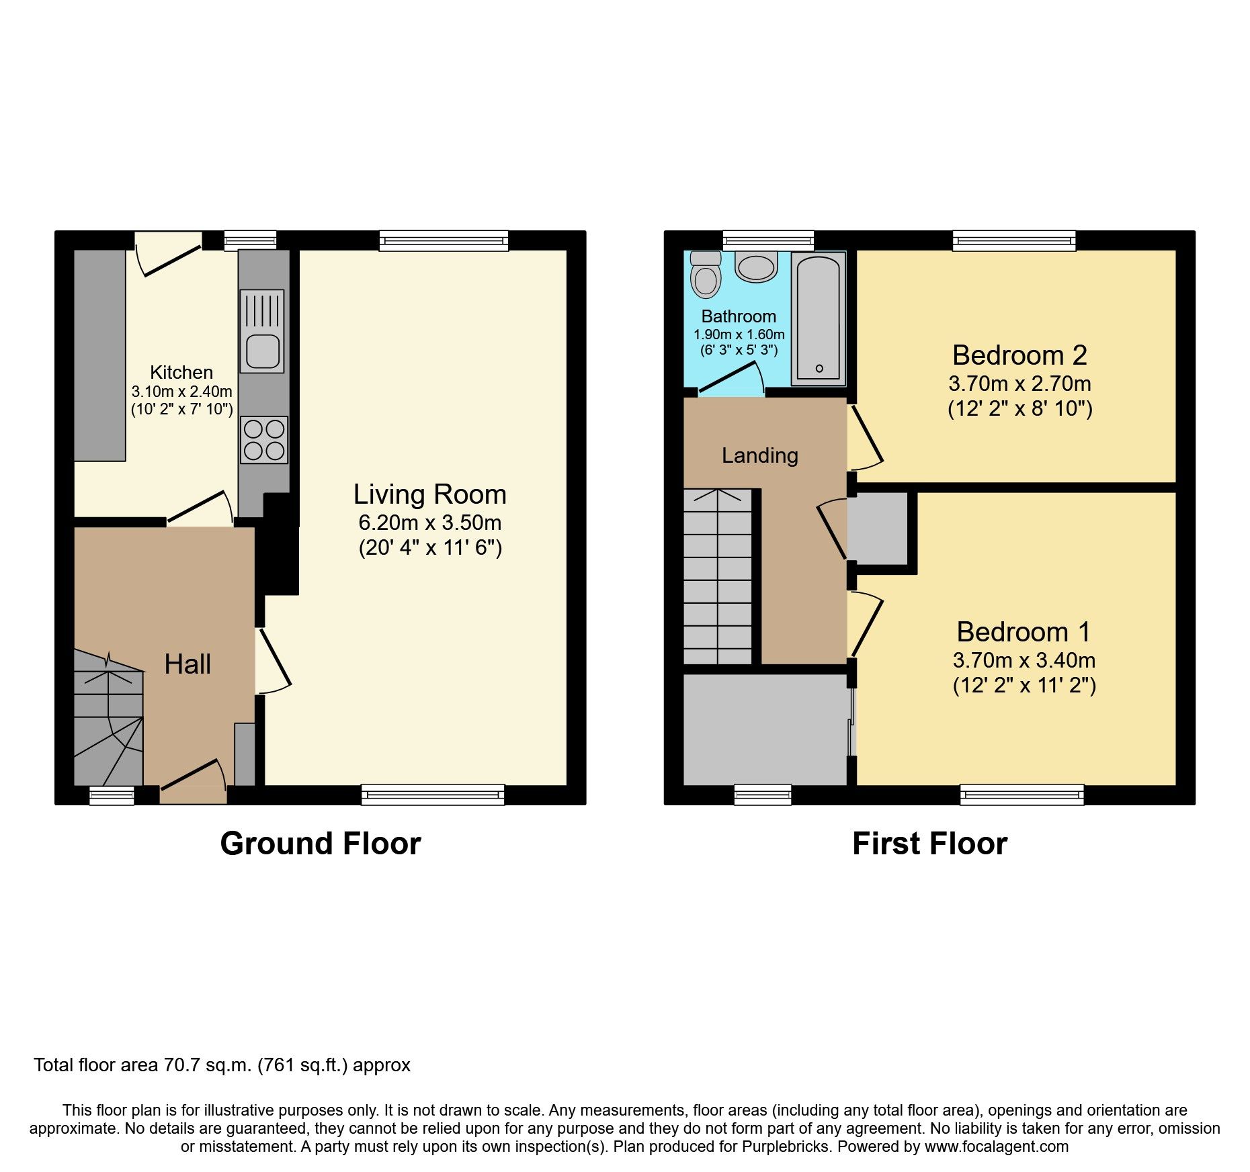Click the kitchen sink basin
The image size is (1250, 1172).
[x=262, y=351]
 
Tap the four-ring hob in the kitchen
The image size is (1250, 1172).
[x=264, y=440]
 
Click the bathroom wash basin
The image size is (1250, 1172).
[x=756, y=267]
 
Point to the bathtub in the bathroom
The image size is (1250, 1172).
[x=818, y=318]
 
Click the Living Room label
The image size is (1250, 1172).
[x=429, y=494]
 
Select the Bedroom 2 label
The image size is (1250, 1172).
[x=1019, y=355]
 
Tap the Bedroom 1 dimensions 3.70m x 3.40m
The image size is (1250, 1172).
[x=1024, y=660]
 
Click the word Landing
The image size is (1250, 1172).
[x=759, y=455]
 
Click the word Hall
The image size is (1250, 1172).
[x=187, y=664]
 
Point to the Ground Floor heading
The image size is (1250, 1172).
[x=320, y=844]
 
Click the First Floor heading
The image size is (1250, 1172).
[x=929, y=844]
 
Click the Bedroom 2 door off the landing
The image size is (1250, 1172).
[x=866, y=436]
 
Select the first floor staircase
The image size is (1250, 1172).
[x=717, y=578]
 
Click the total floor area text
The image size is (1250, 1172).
[x=222, y=1065]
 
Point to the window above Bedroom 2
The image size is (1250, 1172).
[x=1013, y=240]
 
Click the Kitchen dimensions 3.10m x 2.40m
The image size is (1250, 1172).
[x=181, y=392]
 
